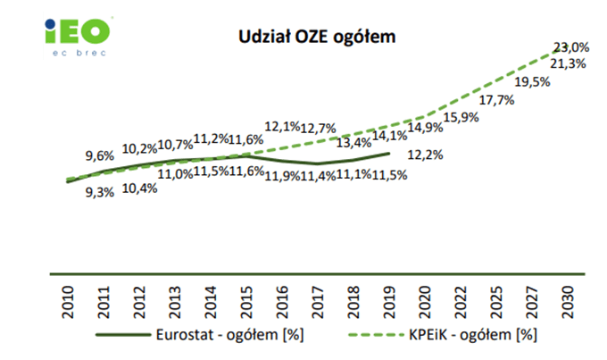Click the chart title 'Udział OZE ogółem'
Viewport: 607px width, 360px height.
(x=316, y=37)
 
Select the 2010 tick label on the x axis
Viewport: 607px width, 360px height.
(x=69, y=300)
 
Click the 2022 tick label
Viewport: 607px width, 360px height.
(x=461, y=300)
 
